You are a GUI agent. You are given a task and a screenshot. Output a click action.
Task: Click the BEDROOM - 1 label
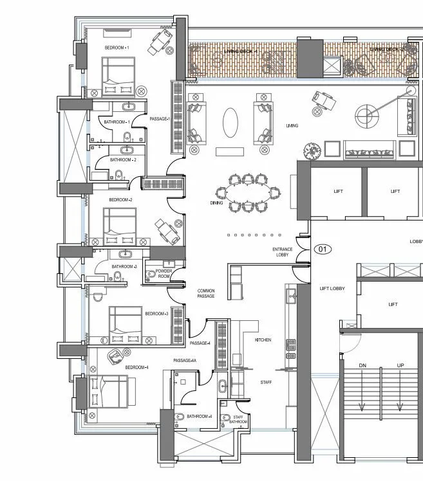(117, 48)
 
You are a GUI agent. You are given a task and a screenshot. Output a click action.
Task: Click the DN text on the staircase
(362, 365)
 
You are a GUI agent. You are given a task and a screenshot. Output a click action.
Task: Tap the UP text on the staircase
(400, 365)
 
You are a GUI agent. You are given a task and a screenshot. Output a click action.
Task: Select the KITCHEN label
(263, 340)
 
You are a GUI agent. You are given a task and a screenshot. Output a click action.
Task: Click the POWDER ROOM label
(164, 274)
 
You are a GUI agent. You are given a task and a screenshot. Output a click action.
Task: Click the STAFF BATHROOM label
(239, 419)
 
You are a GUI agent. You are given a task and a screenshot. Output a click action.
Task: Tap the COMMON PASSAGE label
(206, 293)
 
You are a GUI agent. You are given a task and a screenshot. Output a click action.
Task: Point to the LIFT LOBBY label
(332, 289)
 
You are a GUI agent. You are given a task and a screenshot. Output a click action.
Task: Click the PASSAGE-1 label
(159, 119)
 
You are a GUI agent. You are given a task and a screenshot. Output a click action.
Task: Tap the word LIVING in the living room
(292, 125)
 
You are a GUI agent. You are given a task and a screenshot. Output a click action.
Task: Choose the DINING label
(216, 203)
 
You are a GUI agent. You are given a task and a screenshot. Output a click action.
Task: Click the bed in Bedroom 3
(125, 323)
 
